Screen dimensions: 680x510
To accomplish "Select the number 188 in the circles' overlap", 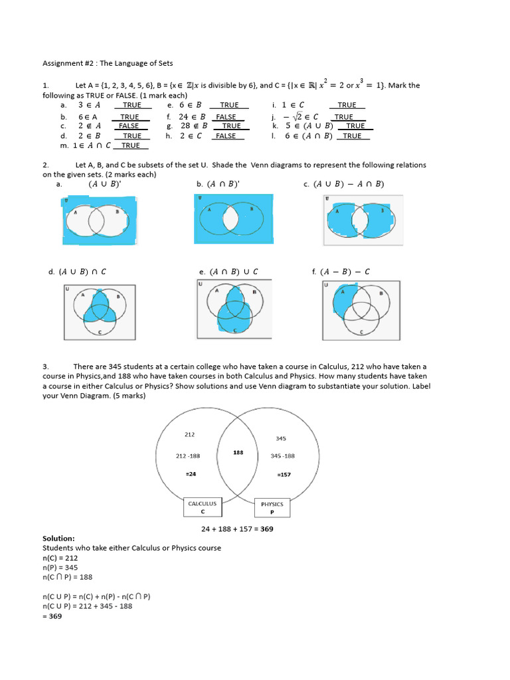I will [238, 452].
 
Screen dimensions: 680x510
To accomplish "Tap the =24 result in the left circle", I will [191, 473].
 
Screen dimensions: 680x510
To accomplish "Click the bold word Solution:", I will [58, 539].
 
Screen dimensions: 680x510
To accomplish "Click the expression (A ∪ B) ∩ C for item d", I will [82, 272].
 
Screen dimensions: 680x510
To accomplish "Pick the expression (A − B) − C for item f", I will [345, 272].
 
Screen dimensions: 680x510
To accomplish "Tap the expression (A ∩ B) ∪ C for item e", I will [233, 272].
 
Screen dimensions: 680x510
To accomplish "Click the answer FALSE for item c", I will [129, 126].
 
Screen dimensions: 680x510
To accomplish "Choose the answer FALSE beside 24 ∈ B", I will [226, 116].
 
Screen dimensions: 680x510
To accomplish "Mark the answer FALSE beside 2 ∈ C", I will [226, 135].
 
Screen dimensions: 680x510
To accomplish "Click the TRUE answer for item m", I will [131, 145].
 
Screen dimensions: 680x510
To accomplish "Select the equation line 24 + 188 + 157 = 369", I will [237, 529].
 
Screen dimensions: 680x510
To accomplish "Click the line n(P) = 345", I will [59, 568].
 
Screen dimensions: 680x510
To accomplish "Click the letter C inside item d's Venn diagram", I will [100, 331].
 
